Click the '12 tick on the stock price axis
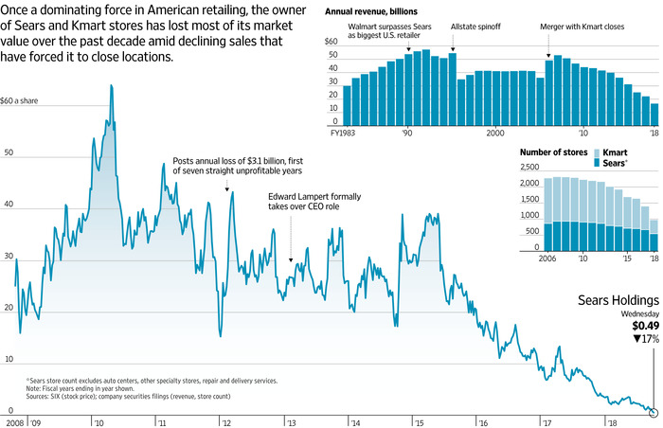click(224, 422)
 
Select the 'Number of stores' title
click(551, 152)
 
